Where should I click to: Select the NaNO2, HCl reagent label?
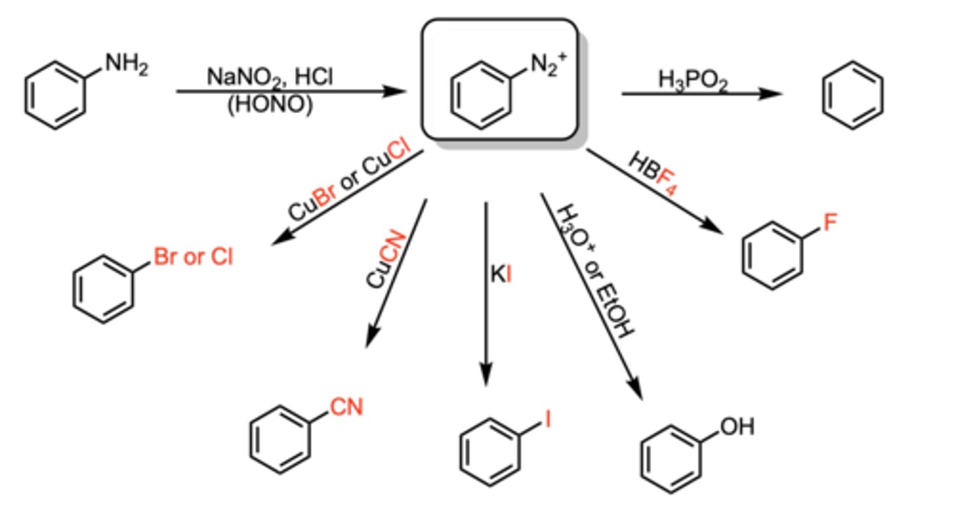tap(270, 78)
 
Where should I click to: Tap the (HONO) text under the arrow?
tap(269, 105)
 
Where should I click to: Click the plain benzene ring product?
tap(853, 94)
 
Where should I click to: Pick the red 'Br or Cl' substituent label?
tap(193, 257)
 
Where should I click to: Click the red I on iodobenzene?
tap(548, 420)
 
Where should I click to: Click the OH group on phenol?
tap(737, 426)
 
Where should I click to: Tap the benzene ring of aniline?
tap(56, 95)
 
